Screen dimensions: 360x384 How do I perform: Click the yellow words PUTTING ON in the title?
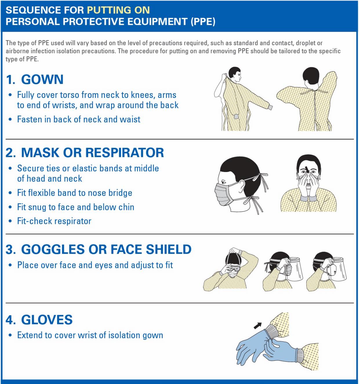[x=118, y=10]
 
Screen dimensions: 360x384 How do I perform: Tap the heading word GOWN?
[x=42, y=79]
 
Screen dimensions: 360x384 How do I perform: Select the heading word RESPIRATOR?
[x=124, y=153]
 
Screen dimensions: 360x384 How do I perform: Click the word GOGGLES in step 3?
[x=53, y=249]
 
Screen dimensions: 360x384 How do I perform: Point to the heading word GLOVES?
[x=47, y=320]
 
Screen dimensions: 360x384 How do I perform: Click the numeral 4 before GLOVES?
[x=10, y=320]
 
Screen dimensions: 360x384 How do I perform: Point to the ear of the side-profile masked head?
[x=241, y=186]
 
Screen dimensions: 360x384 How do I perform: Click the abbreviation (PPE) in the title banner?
[x=203, y=21]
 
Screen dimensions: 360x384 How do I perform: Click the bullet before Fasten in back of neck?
[x=10, y=119]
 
